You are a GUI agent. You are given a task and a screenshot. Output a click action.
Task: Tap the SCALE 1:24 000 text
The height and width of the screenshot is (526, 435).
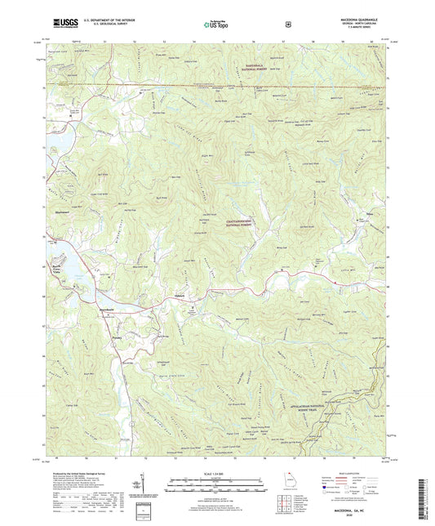(x=217, y=475)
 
